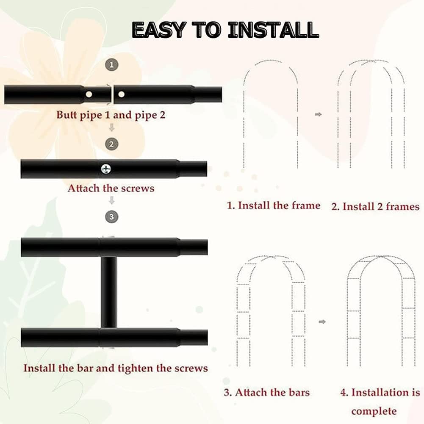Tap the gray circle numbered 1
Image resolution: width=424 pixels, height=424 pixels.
(x=112, y=65)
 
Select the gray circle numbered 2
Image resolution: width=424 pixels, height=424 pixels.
(x=111, y=144)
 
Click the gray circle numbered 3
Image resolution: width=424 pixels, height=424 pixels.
(x=112, y=217)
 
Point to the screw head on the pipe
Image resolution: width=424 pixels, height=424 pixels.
(x=106, y=169)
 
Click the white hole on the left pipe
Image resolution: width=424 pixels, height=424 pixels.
(x=89, y=94)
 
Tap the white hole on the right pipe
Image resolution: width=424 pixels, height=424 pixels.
(x=122, y=94)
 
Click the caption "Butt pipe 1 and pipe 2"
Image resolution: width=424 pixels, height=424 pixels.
(x=111, y=115)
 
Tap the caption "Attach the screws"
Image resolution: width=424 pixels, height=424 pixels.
(x=111, y=188)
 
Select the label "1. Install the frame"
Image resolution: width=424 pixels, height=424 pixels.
(x=274, y=205)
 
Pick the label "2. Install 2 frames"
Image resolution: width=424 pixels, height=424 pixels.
(x=376, y=207)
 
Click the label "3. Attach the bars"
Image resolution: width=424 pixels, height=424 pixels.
(x=267, y=392)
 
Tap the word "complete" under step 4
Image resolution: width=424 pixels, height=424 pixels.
(x=374, y=412)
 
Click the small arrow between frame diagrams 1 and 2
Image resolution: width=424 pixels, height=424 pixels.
(x=319, y=114)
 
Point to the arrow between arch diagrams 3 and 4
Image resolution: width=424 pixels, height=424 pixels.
(x=322, y=322)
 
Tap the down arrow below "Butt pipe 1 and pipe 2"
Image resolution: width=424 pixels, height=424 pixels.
(x=112, y=127)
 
